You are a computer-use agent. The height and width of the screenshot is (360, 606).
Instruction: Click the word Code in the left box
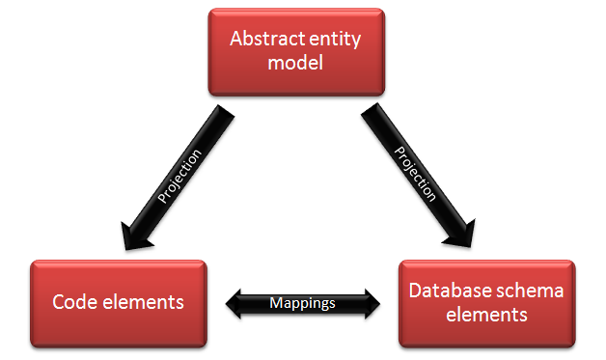click(x=75, y=302)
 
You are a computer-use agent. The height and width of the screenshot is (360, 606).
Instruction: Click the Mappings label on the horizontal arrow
click(x=303, y=303)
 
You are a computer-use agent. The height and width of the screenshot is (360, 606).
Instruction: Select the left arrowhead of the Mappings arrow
click(x=236, y=303)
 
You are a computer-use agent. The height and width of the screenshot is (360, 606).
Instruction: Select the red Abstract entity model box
click(x=297, y=52)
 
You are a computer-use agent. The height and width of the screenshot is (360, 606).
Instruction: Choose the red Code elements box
click(x=118, y=302)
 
